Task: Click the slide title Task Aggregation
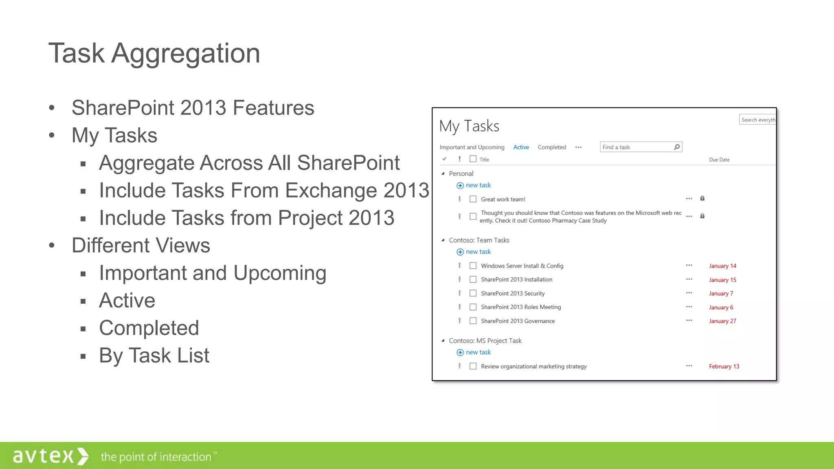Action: click(154, 53)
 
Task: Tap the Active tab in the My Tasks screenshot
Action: click(521, 147)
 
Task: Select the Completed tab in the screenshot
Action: click(551, 147)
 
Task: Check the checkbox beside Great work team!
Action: click(473, 199)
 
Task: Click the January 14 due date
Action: click(722, 266)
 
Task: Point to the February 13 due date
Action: click(724, 366)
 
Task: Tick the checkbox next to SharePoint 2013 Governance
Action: click(473, 321)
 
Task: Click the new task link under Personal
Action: click(478, 185)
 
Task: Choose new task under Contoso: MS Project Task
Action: click(478, 352)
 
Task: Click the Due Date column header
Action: click(719, 160)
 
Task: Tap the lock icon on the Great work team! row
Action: click(702, 198)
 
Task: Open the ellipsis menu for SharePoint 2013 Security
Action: click(689, 293)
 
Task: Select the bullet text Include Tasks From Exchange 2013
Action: click(264, 190)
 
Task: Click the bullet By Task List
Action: click(154, 355)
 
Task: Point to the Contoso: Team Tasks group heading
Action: click(479, 240)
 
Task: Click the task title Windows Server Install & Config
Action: click(522, 266)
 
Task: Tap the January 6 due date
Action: click(721, 307)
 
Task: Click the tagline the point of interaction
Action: click(156, 457)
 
